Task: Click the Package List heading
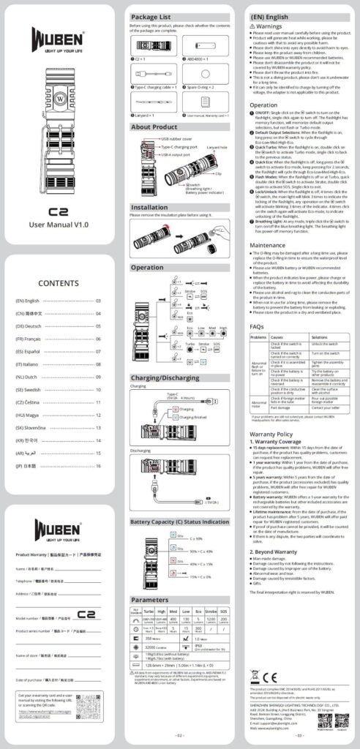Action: (x=150, y=17)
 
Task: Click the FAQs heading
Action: (x=257, y=326)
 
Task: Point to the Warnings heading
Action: (x=272, y=26)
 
